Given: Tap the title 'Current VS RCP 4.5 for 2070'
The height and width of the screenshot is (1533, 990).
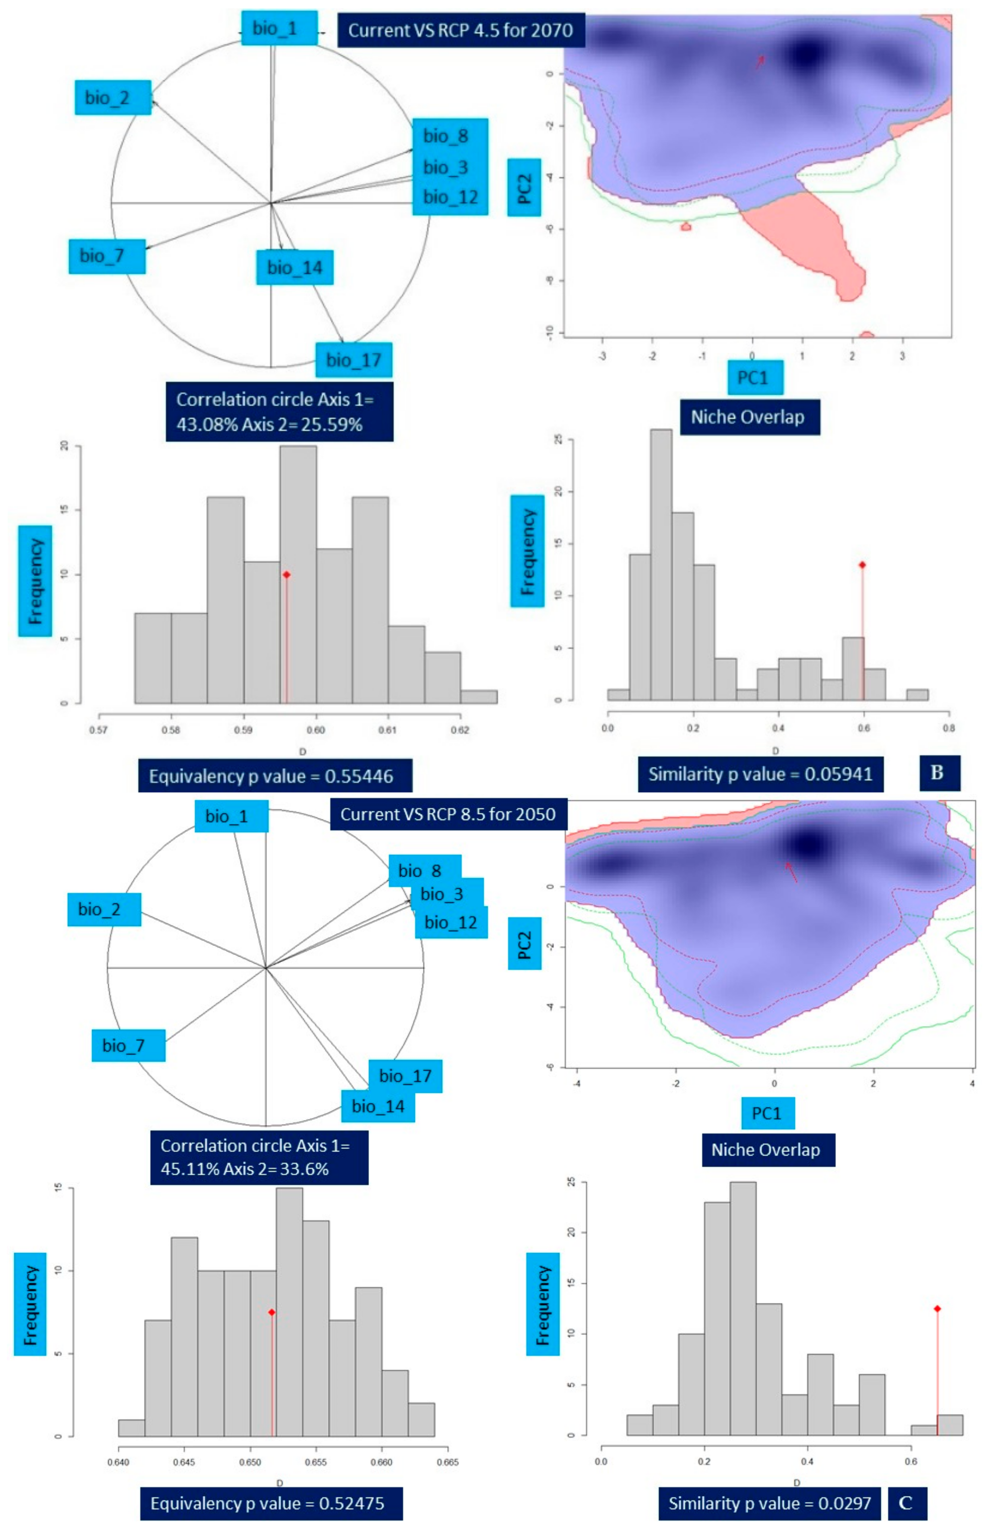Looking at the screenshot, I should [460, 30].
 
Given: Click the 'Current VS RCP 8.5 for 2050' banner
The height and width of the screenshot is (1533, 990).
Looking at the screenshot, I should [448, 814].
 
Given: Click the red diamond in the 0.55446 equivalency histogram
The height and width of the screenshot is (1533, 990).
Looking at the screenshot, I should [287, 574].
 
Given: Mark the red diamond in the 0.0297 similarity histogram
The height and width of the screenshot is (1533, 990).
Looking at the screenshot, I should [937, 1309].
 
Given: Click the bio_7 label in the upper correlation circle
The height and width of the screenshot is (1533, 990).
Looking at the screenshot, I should [107, 256].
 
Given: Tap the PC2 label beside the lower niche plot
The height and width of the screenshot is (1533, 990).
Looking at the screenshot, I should [525, 943].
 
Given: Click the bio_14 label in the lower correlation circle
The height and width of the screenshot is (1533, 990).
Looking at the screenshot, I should [378, 1107].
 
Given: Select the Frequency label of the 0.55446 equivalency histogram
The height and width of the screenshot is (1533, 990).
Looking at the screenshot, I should [35, 581].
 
